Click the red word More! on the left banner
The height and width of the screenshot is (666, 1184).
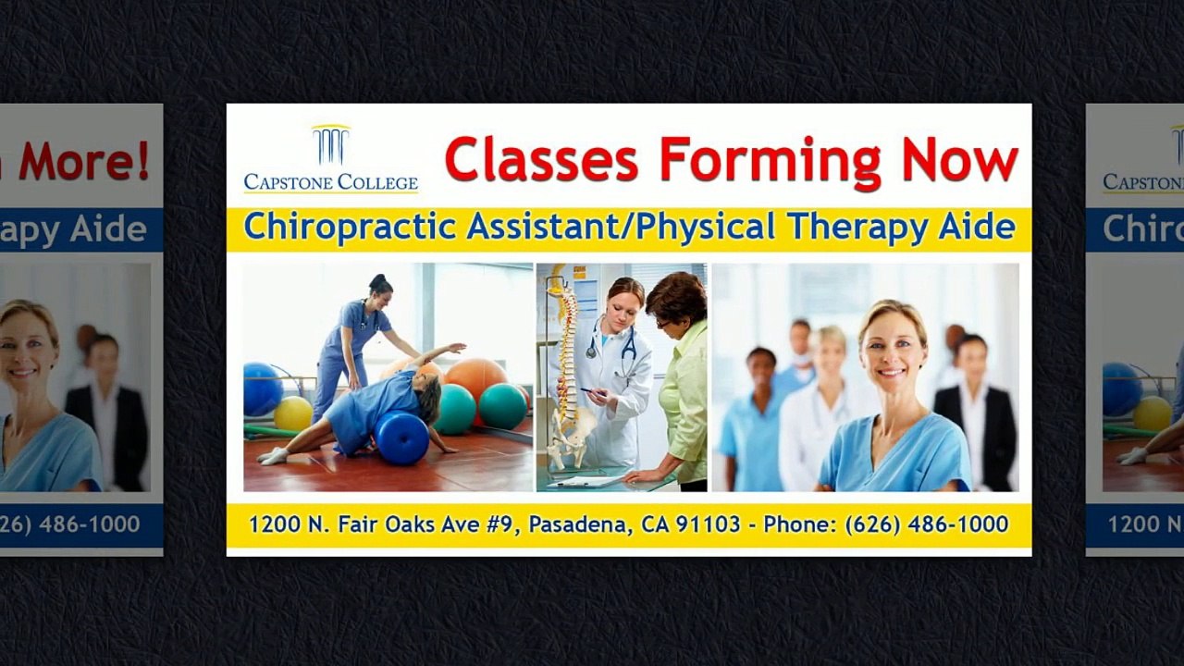point(83,161)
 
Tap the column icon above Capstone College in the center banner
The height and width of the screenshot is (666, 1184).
point(330,145)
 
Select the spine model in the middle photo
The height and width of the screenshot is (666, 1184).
point(566,370)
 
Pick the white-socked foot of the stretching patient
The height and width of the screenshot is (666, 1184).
point(272,455)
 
